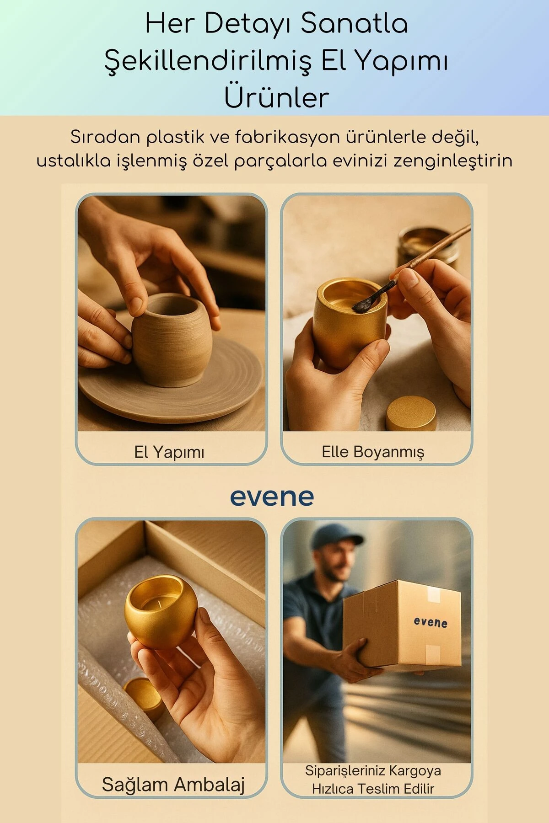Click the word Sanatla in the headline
(354, 24)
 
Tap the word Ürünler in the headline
(276, 97)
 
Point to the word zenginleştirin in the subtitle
(452, 161)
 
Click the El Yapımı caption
(169, 452)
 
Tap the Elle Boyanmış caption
(373, 452)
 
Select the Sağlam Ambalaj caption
(173, 785)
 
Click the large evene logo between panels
(272, 497)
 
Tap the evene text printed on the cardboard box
(431, 622)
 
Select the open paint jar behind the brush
(428, 247)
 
